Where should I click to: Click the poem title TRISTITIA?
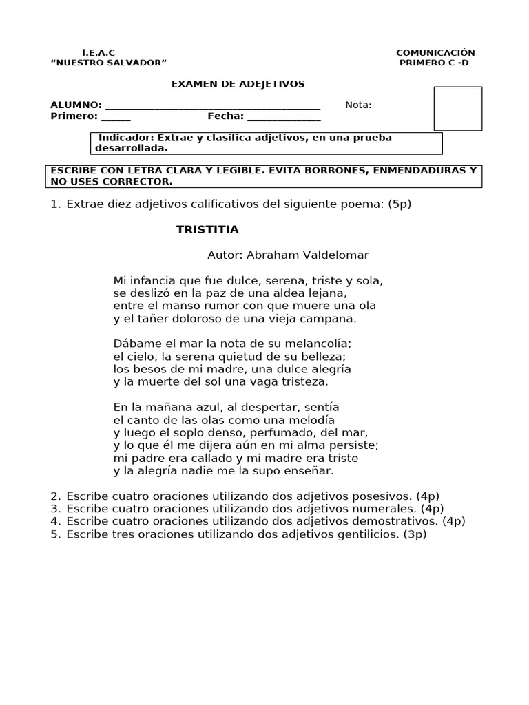(x=207, y=229)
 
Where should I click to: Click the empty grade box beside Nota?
(x=457, y=108)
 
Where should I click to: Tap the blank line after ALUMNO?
(x=213, y=107)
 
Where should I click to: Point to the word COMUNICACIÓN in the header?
(x=435, y=53)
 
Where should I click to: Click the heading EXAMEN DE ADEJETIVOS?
(x=238, y=84)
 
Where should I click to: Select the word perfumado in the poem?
(x=304, y=433)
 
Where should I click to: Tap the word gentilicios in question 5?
(x=362, y=534)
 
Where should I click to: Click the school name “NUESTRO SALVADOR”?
(x=109, y=63)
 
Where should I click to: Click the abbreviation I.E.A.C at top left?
(x=98, y=53)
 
